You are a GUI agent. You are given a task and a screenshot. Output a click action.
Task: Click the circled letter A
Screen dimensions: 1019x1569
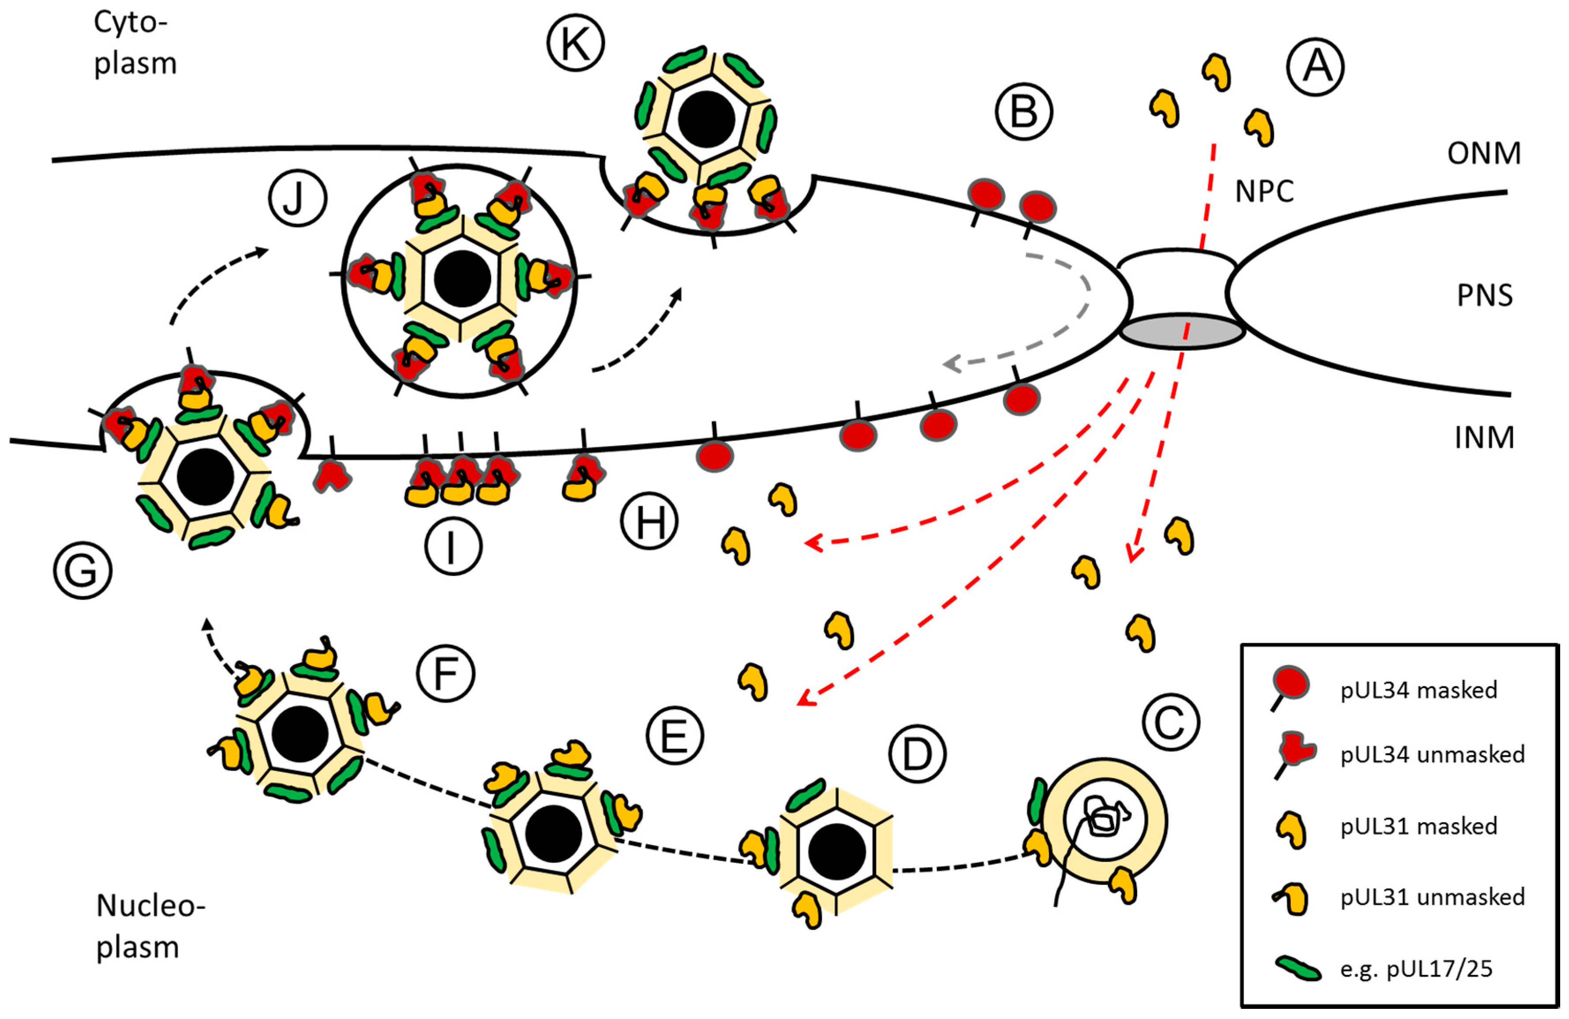pos(1316,67)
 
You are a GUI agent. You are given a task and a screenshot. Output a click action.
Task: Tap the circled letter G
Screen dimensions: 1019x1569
pos(82,570)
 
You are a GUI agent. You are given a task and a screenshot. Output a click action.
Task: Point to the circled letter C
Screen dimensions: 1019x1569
pos(1170,722)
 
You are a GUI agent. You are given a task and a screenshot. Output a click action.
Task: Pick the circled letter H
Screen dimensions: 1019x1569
pos(649,521)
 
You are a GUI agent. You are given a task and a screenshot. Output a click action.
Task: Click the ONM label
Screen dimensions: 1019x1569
pos(1483,153)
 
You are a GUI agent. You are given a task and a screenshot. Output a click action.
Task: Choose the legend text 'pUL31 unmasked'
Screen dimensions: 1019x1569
pos(1432,897)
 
